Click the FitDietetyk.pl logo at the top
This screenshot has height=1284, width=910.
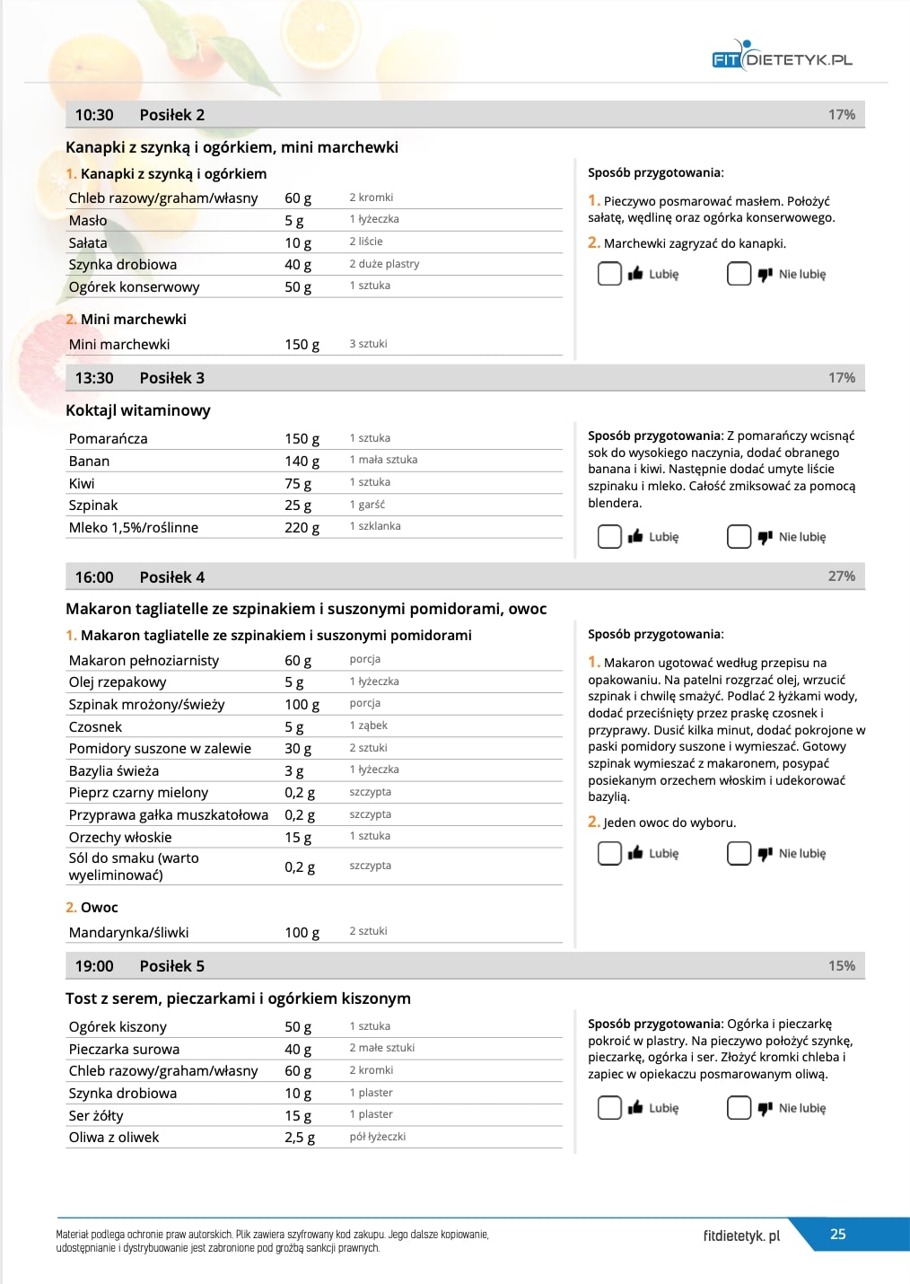point(781,58)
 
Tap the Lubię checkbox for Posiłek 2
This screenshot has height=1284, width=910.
point(609,274)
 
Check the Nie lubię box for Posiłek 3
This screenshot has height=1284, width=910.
point(739,537)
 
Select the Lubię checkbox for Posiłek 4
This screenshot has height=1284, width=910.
point(609,853)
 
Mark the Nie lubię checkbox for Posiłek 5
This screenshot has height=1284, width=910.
point(739,1108)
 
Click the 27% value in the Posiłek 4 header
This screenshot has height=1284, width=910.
point(841,576)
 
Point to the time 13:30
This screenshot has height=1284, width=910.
point(94,378)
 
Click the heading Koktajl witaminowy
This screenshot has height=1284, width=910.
point(138,410)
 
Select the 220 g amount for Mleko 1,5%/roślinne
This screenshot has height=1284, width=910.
point(302,528)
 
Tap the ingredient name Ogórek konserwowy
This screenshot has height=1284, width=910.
point(134,287)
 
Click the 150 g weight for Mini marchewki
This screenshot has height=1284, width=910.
point(302,345)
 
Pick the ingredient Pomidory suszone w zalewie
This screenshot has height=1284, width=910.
point(160,749)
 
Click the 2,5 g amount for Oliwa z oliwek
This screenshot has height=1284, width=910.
point(300,1138)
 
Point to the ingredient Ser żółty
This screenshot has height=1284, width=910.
point(96,1115)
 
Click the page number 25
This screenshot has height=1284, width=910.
point(837,1235)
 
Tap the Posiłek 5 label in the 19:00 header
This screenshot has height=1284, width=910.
point(171,966)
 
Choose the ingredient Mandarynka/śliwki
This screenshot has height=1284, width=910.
point(128,933)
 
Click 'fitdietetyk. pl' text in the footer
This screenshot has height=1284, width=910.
point(741,1236)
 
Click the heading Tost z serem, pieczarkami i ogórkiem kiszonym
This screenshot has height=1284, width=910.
point(238,998)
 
